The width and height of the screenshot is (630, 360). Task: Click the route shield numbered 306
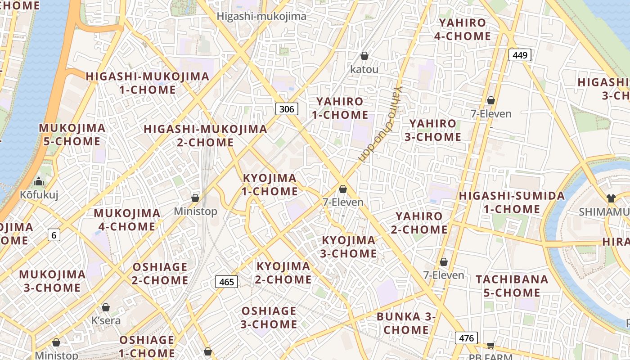(287, 108)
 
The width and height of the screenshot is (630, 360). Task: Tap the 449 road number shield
(520, 55)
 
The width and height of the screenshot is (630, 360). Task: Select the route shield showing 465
(226, 282)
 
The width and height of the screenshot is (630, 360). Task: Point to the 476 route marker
(466, 337)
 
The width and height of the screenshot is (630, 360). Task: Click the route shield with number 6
(54, 234)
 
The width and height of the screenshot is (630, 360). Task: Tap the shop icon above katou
(364, 56)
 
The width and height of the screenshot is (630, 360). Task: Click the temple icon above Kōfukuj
(39, 182)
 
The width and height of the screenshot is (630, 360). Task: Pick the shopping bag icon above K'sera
(106, 307)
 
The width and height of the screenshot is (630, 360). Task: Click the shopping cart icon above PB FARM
(490, 346)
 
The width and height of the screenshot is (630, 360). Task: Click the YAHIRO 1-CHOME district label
(340, 108)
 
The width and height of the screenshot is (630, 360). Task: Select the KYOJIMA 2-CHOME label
(283, 273)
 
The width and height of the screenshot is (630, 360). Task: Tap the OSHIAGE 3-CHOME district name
(269, 317)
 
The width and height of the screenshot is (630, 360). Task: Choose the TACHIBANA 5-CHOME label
(512, 286)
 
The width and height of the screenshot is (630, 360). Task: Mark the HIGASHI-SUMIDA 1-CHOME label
(512, 202)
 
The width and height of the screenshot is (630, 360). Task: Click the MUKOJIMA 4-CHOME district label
(127, 220)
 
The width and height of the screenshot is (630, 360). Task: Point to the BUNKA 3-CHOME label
(406, 323)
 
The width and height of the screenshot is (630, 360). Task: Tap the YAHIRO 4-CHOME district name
(463, 29)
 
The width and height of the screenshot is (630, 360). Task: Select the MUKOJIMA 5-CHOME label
(72, 135)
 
